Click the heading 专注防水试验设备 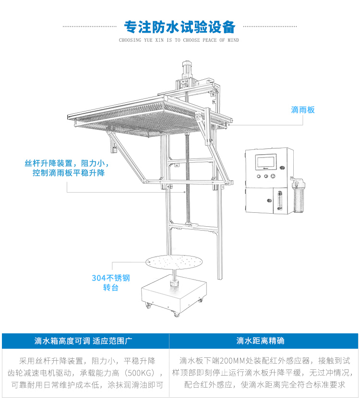(x=180, y=25)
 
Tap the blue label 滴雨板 (x=303, y=110)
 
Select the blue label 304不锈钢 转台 (x=111, y=282)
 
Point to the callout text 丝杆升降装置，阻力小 (x=68, y=163)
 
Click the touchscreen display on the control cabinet (x=265, y=162)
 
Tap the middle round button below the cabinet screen (x=265, y=176)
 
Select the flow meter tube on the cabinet (x=276, y=202)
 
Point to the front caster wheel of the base (x=177, y=314)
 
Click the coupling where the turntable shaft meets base (x=174, y=283)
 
